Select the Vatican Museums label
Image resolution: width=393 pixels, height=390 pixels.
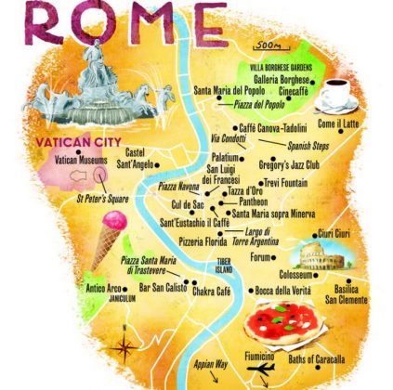[84, 160]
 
